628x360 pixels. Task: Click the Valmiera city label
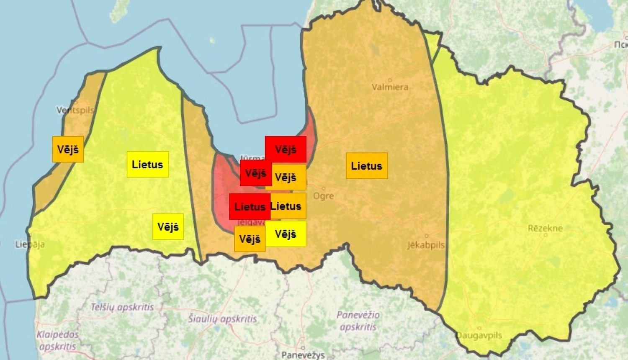coord(390,87)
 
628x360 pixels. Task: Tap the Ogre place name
coord(323,196)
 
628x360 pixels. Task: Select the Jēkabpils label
coord(426,245)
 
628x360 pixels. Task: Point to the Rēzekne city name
coord(545,229)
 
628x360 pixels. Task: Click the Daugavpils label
coord(479,335)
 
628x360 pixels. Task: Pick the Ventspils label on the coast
coord(75,110)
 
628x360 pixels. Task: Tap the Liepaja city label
coord(30,244)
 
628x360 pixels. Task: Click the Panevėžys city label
coord(303,355)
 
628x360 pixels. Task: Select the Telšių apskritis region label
coord(122,307)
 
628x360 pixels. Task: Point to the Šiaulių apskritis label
coord(222,319)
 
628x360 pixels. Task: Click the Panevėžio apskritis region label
coord(358,321)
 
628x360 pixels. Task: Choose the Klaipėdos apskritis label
coord(58,340)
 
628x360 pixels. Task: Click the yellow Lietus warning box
coord(148,165)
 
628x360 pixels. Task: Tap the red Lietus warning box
coord(249,207)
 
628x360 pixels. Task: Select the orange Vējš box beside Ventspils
coord(68,149)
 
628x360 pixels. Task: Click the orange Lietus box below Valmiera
coord(367,166)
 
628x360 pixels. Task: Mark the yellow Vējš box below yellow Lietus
coord(168,226)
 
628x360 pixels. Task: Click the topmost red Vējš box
coord(286,149)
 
